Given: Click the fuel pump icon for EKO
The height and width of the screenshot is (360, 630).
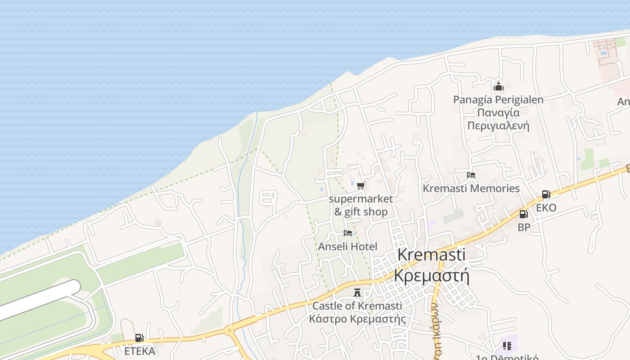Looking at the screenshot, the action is (x=546, y=194).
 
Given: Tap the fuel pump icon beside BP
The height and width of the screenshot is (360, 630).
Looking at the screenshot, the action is (x=523, y=214).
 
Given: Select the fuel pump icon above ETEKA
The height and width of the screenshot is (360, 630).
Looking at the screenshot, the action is (x=139, y=338).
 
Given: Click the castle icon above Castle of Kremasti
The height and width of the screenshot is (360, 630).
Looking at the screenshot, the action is (x=357, y=292).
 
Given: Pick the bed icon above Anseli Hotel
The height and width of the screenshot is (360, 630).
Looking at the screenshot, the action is (x=347, y=233).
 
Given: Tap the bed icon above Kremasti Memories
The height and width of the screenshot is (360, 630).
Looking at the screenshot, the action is (x=471, y=175).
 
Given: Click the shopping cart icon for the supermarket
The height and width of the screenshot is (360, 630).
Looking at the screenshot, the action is (x=360, y=185).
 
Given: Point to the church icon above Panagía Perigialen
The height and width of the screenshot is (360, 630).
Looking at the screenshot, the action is (x=498, y=86).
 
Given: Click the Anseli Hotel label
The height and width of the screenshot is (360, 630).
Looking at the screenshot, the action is (x=347, y=247).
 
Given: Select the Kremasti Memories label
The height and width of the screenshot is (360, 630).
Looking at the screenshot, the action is (x=471, y=189).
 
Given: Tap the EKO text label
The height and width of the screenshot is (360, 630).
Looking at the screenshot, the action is (x=546, y=208).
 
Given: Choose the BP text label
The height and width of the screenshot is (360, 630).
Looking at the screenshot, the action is (x=524, y=228).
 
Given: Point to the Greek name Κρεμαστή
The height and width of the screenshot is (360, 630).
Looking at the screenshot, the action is (x=431, y=275).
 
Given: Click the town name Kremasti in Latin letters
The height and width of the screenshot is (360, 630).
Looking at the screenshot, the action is (x=431, y=255).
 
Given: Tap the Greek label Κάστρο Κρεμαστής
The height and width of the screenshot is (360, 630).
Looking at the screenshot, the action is (x=357, y=319).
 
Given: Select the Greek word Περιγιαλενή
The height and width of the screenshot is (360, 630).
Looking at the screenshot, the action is (x=498, y=126).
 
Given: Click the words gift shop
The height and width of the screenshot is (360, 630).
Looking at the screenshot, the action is (x=366, y=212).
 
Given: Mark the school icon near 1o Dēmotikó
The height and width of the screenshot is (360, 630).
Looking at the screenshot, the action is (x=507, y=346).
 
